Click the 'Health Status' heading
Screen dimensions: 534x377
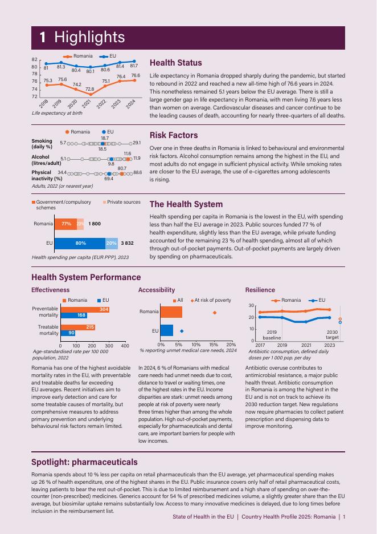click(175, 63)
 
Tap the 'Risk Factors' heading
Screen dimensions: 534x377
click(174, 135)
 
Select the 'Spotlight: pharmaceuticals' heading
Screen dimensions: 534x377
click(84, 462)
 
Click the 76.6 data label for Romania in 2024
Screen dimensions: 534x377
click(136, 75)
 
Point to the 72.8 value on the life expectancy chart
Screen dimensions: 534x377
click(90, 89)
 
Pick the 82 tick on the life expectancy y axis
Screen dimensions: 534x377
click(35, 59)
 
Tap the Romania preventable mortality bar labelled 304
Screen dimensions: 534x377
click(85, 309)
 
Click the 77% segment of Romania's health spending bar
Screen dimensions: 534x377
click(65, 224)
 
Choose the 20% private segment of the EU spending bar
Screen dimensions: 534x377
click(111, 243)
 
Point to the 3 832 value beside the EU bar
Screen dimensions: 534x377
click(128, 243)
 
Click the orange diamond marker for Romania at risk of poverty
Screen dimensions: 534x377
click(214, 312)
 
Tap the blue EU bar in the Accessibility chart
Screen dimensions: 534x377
click(167, 330)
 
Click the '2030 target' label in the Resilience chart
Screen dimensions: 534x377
click(331, 335)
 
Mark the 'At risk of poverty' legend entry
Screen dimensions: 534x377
click(213, 300)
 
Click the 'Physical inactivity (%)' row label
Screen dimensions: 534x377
click(44, 175)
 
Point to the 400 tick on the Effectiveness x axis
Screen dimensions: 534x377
click(125, 346)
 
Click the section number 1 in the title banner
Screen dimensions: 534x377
click(43, 38)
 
